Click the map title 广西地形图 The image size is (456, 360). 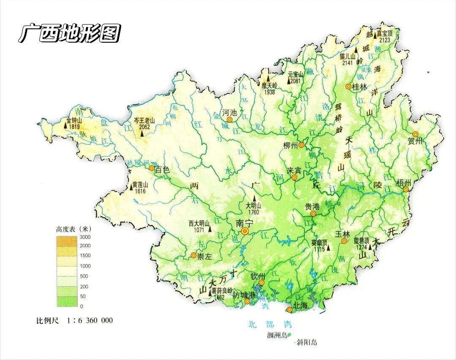point(70,33)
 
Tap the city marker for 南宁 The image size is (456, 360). point(245,231)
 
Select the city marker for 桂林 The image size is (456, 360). point(348,87)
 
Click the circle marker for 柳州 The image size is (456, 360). point(301,145)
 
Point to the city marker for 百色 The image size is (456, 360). point(152,168)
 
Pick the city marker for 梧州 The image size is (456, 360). point(406,189)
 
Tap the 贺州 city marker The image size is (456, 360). point(415,134)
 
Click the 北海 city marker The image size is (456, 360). point(290,310)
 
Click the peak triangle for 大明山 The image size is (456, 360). point(254,198)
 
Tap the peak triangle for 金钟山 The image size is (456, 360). point(66,125)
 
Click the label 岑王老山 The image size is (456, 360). point(144,120)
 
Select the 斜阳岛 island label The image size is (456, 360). point(307,343)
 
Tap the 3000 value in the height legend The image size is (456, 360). point(85,237)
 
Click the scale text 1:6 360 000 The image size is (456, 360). point(90,320)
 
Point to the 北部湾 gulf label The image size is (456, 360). point(270,325)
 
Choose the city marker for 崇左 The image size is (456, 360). point(193,255)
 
